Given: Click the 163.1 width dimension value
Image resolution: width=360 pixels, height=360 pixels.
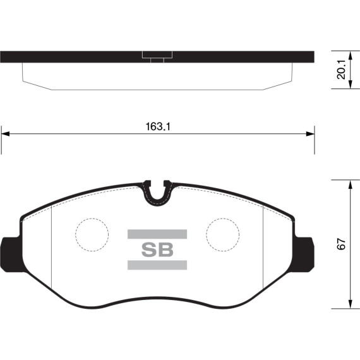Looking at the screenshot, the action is [158, 126].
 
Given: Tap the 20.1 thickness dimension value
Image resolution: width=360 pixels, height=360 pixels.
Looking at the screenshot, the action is [341, 70].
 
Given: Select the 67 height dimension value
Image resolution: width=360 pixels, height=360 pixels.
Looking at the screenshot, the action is [341, 244].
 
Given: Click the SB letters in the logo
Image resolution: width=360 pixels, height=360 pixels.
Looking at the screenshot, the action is [157, 249].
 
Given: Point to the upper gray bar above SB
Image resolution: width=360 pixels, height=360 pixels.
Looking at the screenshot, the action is [157, 234].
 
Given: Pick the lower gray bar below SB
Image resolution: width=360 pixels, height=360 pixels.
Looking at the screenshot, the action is [157, 265].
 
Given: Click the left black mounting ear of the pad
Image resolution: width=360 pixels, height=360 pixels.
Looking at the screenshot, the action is [10, 255].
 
